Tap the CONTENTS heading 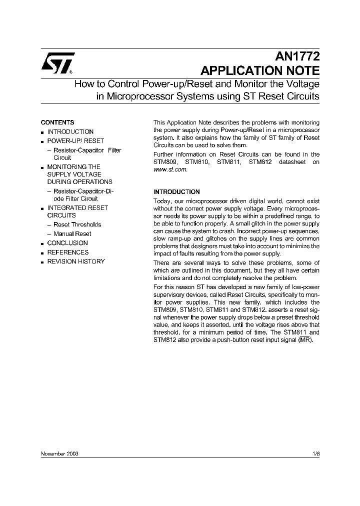click(57, 122)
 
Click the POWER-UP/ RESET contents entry click(75, 141)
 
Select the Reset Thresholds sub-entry click(77, 224)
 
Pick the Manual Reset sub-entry click(72, 233)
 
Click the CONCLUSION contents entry click(67, 243)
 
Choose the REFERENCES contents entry click(67, 252)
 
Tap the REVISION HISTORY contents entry click(76, 261)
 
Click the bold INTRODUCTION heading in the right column click(176, 192)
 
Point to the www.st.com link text click(170, 170)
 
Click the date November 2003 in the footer click(59, 453)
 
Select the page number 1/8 click(315, 453)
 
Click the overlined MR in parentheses click(308, 340)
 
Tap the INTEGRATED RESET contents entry click(77, 208)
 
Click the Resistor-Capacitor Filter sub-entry click(87, 150)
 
